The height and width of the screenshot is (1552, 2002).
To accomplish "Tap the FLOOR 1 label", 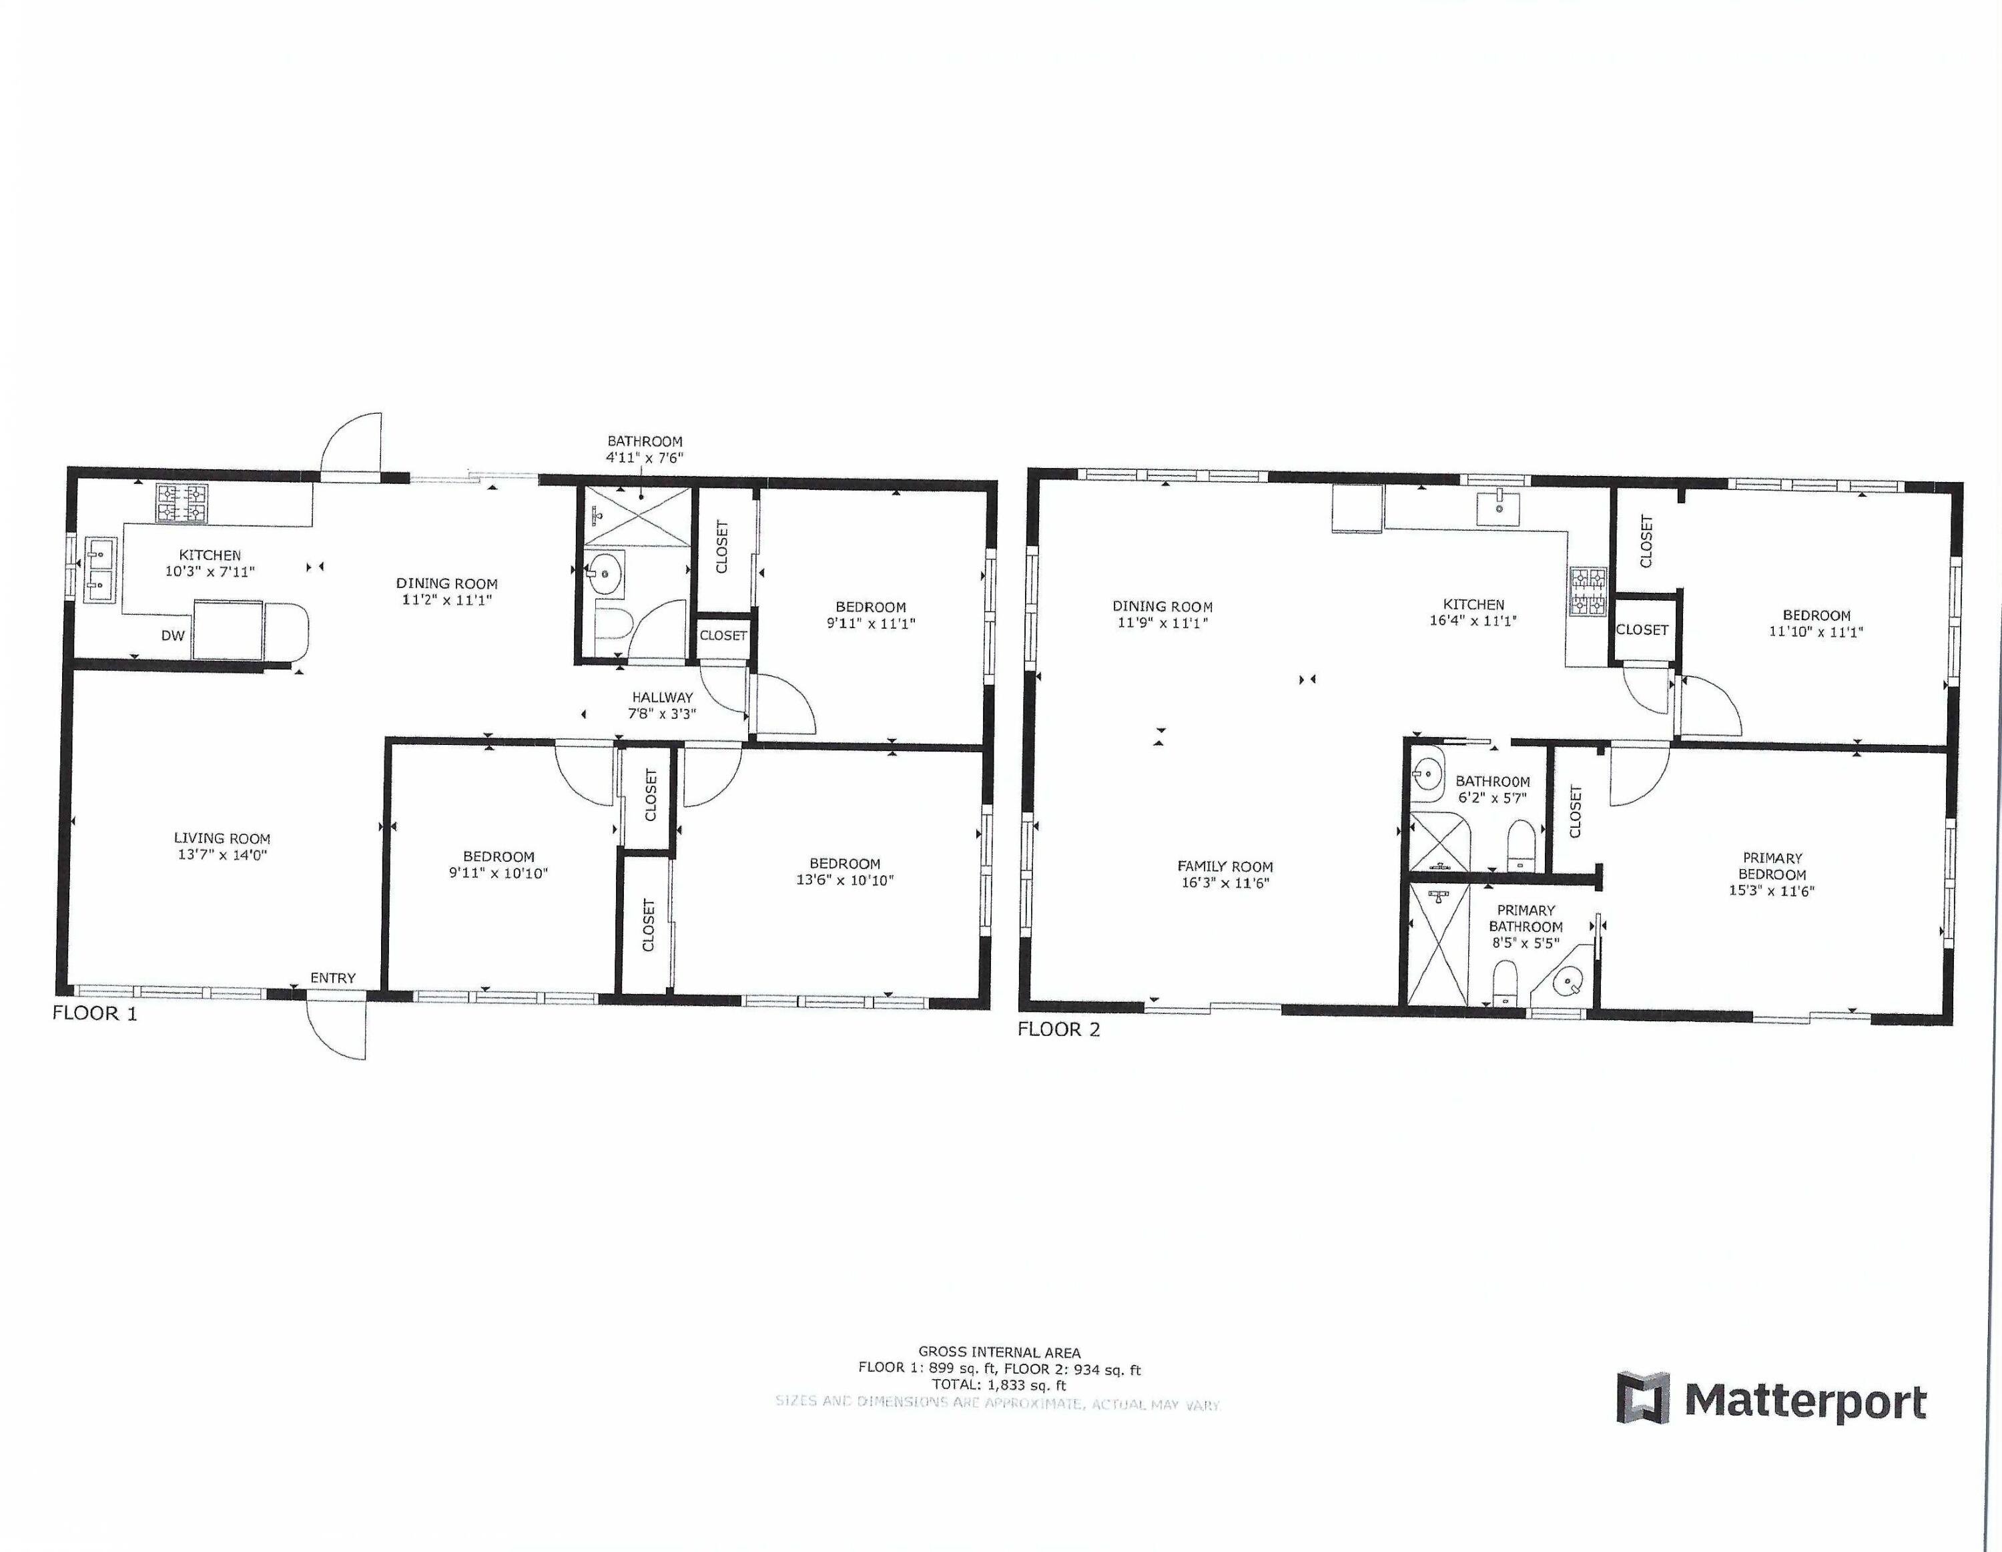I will click(x=94, y=1013).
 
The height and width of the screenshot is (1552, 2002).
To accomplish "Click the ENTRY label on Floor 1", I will click(x=333, y=978).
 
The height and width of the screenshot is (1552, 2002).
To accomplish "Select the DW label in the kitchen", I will click(x=174, y=635).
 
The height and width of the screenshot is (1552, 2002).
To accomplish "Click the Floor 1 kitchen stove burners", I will click(x=182, y=504).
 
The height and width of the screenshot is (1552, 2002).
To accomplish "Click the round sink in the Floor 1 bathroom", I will click(x=604, y=573).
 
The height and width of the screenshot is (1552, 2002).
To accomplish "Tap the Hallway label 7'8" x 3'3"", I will click(x=662, y=705).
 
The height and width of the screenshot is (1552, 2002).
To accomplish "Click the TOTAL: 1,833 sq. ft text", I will click(x=999, y=1385).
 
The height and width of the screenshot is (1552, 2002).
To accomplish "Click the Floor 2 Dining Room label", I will click(x=1162, y=606).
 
